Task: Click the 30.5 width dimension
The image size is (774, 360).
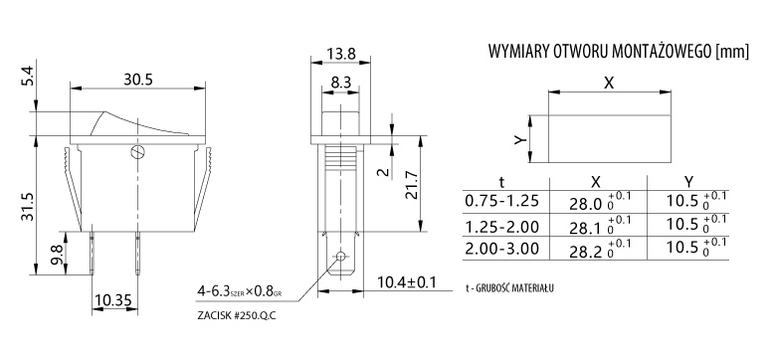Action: [x=138, y=79]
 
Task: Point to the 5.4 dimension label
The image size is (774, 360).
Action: [x=28, y=76]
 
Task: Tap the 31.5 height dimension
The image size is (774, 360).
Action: [x=28, y=206]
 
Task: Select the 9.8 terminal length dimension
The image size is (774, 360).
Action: [x=58, y=255]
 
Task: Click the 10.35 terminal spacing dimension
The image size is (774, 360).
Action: [x=115, y=299]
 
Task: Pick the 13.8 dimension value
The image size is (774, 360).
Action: [x=340, y=54]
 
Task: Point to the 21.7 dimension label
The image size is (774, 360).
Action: [x=411, y=185]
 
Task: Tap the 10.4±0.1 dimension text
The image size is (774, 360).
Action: [x=407, y=282]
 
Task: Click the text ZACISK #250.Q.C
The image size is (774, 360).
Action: [x=236, y=315]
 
